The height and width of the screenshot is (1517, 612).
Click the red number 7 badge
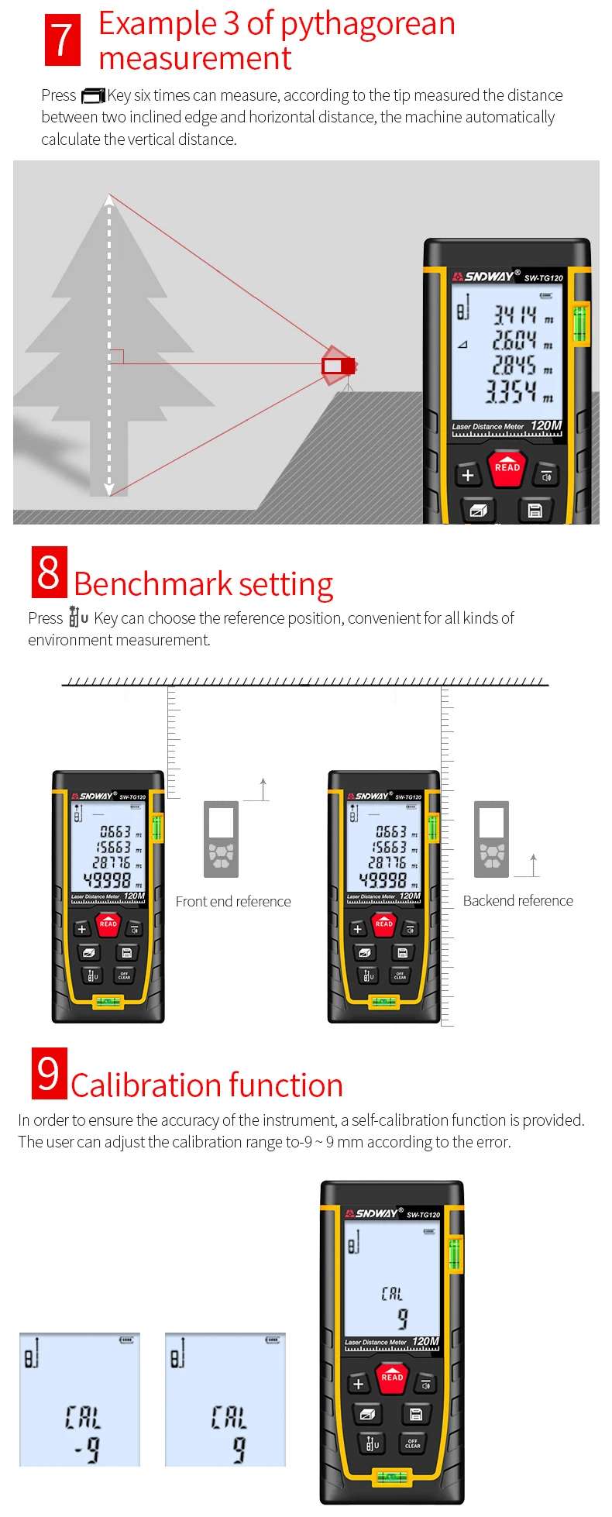(63, 40)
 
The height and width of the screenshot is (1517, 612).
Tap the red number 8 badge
(49, 572)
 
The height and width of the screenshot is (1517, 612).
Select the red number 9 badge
(49, 1073)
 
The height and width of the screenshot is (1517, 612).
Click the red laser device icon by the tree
(339, 365)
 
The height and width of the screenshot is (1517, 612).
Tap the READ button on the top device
(507, 467)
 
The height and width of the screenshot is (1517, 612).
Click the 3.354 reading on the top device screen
(511, 392)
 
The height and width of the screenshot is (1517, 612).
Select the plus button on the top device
(467, 475)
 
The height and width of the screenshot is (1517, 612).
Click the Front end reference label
(233, 902)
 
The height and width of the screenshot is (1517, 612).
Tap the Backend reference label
(517, 901)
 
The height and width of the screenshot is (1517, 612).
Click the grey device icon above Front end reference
(221, 839)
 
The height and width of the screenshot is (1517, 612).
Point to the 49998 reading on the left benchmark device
(107, 880)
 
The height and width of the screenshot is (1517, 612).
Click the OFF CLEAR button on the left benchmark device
(124, 976)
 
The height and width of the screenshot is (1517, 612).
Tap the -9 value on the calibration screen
(87, 1449)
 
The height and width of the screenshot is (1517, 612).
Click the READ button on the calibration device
(392, 1377)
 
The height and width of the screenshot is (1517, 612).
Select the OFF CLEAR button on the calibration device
(413, 1443)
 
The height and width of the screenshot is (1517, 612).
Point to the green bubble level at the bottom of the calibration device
(392, 1477)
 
